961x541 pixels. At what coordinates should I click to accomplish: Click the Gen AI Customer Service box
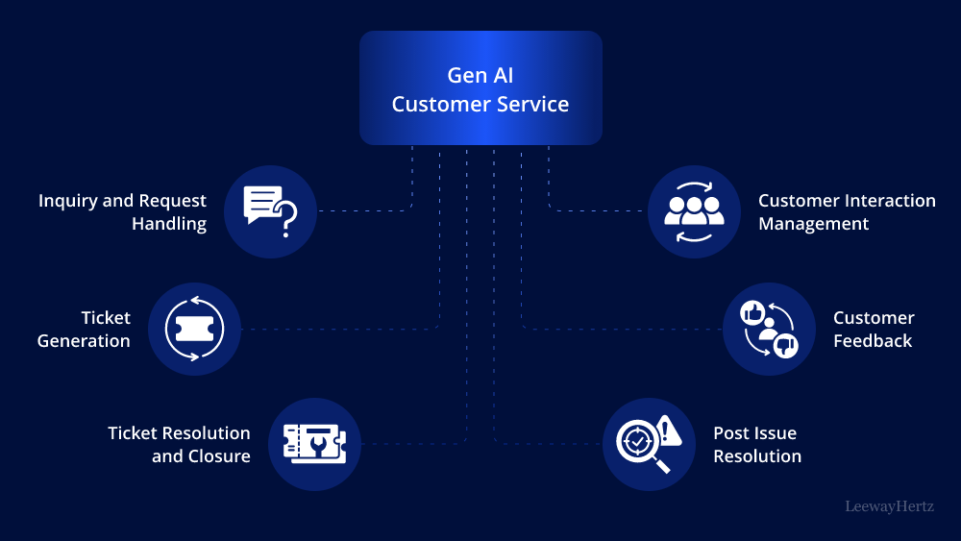(480, 88)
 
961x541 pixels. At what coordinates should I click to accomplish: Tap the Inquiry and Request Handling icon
(270, 211)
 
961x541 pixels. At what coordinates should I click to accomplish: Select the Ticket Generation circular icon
(194, 329)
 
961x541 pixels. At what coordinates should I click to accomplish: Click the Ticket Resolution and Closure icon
(314, 444)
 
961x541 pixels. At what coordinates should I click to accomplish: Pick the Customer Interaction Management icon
(694, 211)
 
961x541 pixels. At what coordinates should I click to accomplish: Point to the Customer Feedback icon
(769, 329)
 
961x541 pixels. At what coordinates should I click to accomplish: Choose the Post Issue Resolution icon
(649, 444)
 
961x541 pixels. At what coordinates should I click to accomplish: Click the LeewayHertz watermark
(889, 505)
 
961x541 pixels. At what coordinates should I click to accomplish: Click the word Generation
(84, 341)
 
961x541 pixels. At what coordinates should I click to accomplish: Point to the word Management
(813, 224)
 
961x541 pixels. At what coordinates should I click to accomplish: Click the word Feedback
(873, 341)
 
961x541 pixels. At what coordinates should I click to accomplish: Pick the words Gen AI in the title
(480, 75)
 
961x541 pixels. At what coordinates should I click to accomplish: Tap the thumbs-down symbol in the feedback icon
(785, 344)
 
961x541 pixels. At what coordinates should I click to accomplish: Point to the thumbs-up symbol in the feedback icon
(752, 311)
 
